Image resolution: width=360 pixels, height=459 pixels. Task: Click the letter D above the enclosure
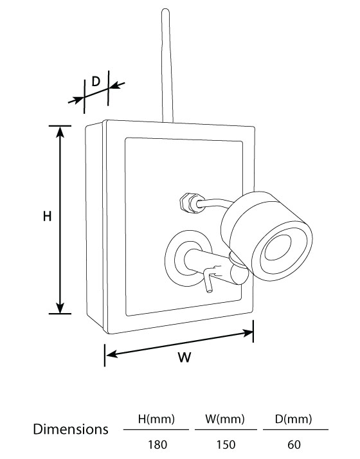coord(96,81)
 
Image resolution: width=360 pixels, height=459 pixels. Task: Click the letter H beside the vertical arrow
coord(47,217)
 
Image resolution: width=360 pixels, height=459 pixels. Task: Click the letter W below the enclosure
coord(184,357)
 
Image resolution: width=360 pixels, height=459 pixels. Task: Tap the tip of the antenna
coord(165,10)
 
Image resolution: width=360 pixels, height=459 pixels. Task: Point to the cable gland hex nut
coord(185,202)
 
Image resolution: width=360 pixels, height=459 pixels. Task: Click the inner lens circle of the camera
coord(278,247)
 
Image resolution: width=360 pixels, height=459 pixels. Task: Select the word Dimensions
coord(71,429)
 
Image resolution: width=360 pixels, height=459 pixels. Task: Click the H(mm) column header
coord(156,419)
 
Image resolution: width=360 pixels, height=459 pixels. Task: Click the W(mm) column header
coord(225,419)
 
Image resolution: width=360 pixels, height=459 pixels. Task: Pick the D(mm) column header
coord(293,419)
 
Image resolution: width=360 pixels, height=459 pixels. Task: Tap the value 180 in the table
coord(157,445)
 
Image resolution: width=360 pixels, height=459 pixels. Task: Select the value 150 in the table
coord(226,445)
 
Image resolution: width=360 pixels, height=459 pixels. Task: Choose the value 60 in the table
coord(294,445)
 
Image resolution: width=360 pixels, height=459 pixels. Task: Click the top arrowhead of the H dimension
coord(60,132)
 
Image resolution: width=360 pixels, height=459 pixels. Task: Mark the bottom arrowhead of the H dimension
coord(60,308)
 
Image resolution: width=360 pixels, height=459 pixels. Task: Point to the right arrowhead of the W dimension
coord(248,333)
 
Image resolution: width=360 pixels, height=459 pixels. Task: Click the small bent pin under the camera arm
coord(208,280)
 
